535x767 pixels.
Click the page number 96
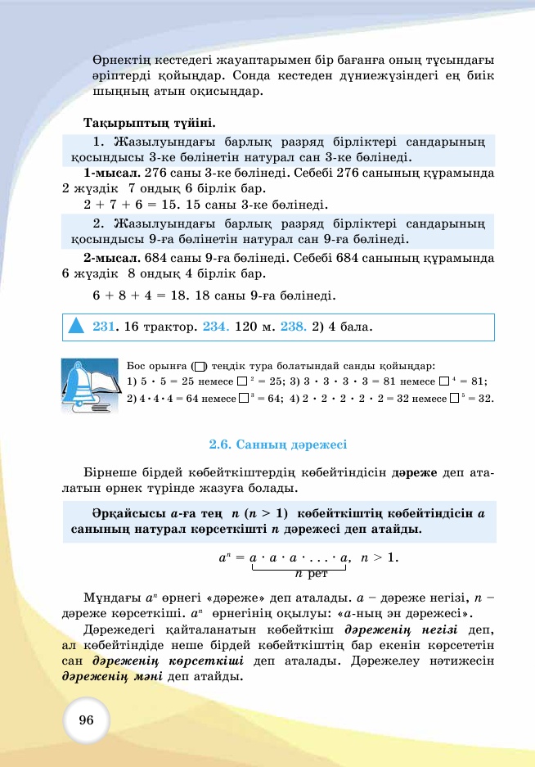[x=87, y=720]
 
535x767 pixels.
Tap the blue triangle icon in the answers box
[x=77, y=326]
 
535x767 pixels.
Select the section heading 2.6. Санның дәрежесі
[x=278, y=444]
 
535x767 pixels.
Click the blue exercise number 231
[x=103, y=327]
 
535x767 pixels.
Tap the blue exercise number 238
[x=294, y=327]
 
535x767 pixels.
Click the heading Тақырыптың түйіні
[x=150, y=123]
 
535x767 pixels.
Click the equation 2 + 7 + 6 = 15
[x=142, y=204]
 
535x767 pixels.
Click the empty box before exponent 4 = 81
[x=444, y=381]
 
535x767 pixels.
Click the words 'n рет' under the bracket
[x=311, y=575]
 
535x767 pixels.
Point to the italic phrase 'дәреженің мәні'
[x=113, y=677]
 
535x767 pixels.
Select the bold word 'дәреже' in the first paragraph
[x=416, y=473]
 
